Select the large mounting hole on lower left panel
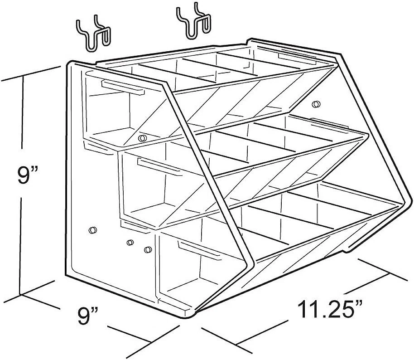coord(92,230)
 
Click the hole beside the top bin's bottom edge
coord(142,137)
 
